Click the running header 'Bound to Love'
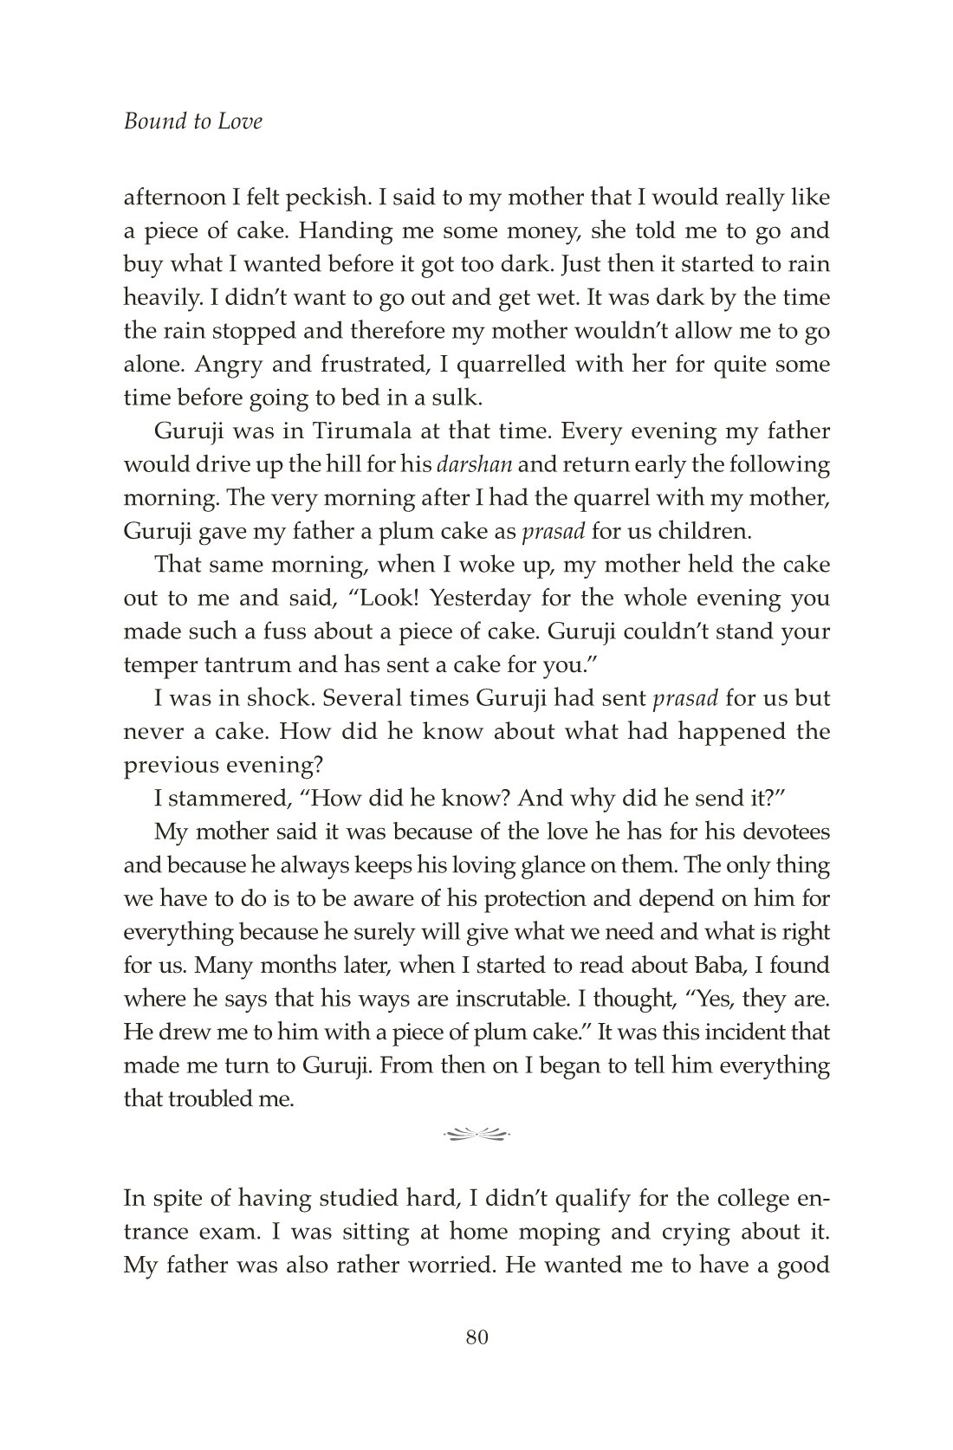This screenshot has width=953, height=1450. click(x=192, y=121)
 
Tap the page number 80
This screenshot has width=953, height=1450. click(x=477, y=1337)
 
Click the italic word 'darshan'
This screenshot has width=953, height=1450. click(x=476, y=465)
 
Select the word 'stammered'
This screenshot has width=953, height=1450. click(x=230, y=799)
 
